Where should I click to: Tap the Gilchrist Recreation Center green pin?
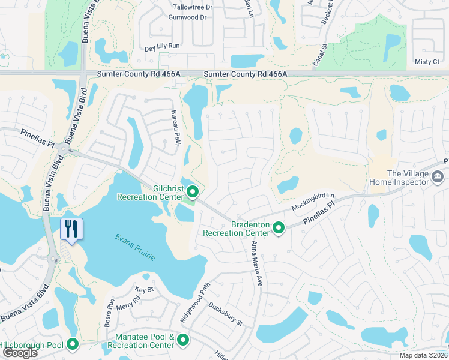(x=193, y=192)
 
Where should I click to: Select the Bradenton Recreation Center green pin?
(x=279, y=228)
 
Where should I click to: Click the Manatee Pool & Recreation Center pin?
(x=183, y=341)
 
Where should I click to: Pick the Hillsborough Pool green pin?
(x=73, y=344)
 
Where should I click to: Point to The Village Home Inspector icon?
(x=438, y=177)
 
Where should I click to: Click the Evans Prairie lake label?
(x=135, y=247)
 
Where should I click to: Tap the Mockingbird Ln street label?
(x=312, y=201)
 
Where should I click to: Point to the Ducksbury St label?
(x=225, y=314)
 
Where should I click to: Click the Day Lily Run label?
(x=162, y=46)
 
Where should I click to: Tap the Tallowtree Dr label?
(x=193, y=7)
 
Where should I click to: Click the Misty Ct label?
(x=427, y=62)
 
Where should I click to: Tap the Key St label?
(x=145, y=289)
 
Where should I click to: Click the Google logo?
(x=20, y=353)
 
